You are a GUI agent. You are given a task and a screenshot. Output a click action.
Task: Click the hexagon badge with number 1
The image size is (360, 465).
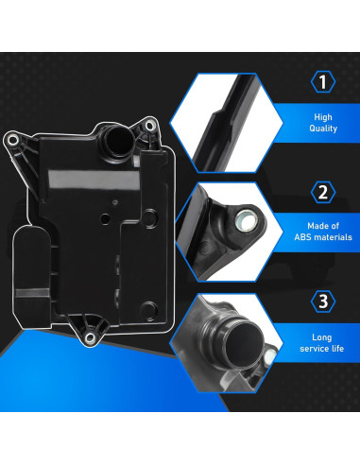(x=323, y=82)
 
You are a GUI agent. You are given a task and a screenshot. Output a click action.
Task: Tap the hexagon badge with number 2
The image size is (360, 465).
(x=323, y=192)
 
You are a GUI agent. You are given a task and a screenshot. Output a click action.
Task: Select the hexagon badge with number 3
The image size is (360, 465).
(x=323, y=301)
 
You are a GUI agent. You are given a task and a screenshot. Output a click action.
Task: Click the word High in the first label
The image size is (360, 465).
(x=323, y=117)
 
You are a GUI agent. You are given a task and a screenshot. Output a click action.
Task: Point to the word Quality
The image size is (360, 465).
(x=323, y=129)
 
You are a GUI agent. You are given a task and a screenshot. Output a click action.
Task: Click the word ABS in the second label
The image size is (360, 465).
(x=302, y=237)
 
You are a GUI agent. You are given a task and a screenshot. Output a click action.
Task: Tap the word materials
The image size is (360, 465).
(x=333, y=237)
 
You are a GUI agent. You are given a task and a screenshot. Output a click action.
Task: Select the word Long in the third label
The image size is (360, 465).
(x=322, y=337)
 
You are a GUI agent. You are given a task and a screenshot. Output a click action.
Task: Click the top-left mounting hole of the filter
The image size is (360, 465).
(x=12, y=140)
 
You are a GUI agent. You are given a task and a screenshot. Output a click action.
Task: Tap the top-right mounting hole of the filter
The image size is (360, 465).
(x=150, y=126)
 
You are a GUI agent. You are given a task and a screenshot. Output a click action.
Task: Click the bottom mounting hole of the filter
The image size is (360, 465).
(x=90, y=338)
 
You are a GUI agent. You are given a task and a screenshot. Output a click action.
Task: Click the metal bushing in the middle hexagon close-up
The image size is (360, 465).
(x=246, y=218)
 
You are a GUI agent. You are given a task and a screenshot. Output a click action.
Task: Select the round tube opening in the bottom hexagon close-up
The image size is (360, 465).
(x=245, y=343)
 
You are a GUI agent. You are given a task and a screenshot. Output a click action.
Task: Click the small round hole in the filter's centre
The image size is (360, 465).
(x=105, y=217)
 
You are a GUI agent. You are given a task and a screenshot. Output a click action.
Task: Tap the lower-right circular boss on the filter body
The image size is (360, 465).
(x=148, y=309)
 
